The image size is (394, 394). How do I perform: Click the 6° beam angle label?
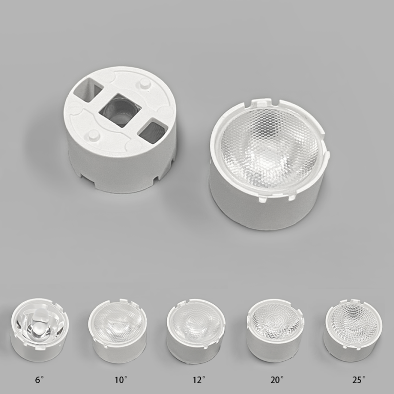coord(39,380)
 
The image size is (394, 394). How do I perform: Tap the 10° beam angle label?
coord(121,380)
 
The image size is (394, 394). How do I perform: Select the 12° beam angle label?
coord(199,380)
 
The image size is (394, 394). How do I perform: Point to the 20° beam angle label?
coord(277,380)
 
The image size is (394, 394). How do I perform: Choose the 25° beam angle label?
coord(359,380)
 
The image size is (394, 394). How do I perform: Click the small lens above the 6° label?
coord(40,330)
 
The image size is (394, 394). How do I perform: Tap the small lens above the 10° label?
coord(117,330)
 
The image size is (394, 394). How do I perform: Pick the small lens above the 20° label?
coord(275,330)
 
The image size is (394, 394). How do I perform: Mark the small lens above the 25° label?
coord(354,330)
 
